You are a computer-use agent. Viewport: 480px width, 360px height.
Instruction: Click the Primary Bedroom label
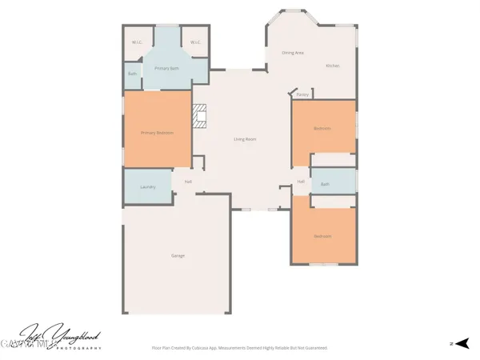[157, 133]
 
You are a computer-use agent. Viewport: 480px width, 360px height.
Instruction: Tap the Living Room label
[245, 139]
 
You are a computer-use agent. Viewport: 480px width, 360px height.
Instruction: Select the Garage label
[178, 256]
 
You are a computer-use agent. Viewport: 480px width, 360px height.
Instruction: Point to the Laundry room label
[146, 187]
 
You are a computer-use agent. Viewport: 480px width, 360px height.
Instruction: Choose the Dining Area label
[292, 53]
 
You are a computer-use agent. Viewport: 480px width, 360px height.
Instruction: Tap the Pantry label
[302, 94]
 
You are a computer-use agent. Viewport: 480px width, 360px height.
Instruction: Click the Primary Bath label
[166, 69]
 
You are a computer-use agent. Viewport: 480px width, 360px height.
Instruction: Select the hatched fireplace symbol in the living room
[201, 116]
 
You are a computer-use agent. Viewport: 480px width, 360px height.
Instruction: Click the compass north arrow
[461, 343]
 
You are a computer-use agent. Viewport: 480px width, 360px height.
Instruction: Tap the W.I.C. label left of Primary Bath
[137, 42]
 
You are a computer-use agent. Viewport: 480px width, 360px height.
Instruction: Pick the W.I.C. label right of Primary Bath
[194, 42]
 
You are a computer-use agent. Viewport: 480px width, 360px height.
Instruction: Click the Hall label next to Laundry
[188, 182]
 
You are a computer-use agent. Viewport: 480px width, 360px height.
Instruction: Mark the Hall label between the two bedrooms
[301, 182]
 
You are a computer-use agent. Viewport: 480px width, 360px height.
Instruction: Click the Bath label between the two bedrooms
[325, 185]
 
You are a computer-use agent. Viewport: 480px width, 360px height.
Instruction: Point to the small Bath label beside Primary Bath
[132, 74]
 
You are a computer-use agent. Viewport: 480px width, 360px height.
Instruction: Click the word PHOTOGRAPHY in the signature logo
[77, 349]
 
